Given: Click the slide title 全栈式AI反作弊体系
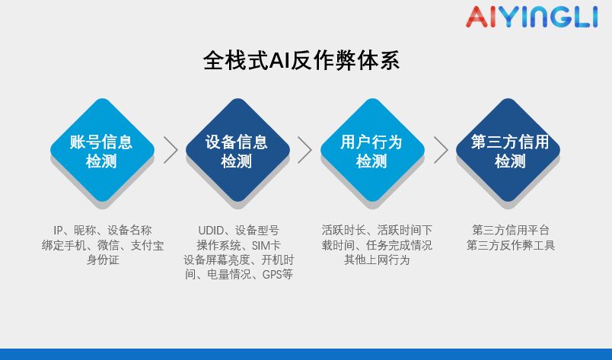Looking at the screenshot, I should (x=301, y=61).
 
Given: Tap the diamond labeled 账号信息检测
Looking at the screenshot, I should (x=101, y=151).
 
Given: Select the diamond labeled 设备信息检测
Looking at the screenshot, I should (x=237, y=151).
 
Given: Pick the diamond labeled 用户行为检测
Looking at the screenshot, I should (x=371, y=151).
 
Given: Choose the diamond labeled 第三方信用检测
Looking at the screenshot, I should (x=509, y=151).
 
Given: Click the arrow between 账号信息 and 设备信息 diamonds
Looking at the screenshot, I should (x=170, y=150).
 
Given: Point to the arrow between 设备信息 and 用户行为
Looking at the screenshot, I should (x=304, y=150).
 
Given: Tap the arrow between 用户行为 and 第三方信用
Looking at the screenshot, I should (x=440, y=150).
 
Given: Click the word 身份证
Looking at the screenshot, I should (x=102, y=260).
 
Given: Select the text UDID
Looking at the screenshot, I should (x=211, y=231).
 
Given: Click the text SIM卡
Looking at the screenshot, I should (x=266, y=245).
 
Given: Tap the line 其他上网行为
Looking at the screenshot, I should (x=377, y=260).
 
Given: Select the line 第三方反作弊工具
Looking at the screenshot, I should (x=511, y=245).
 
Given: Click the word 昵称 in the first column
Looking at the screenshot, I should (x=85, y=231).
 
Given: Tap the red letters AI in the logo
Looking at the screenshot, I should (x=481, y=17).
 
